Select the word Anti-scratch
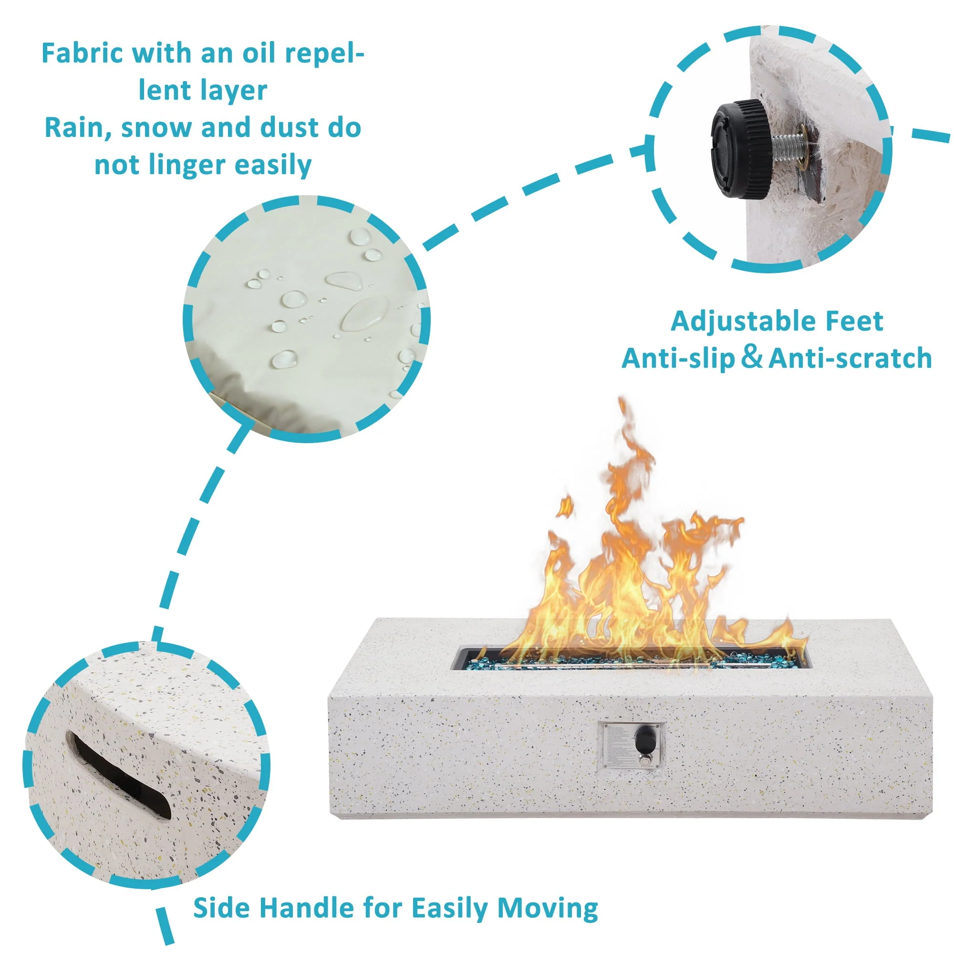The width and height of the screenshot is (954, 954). click(x=850, y=359)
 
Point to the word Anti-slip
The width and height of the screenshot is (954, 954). click(x=678, y=359)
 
